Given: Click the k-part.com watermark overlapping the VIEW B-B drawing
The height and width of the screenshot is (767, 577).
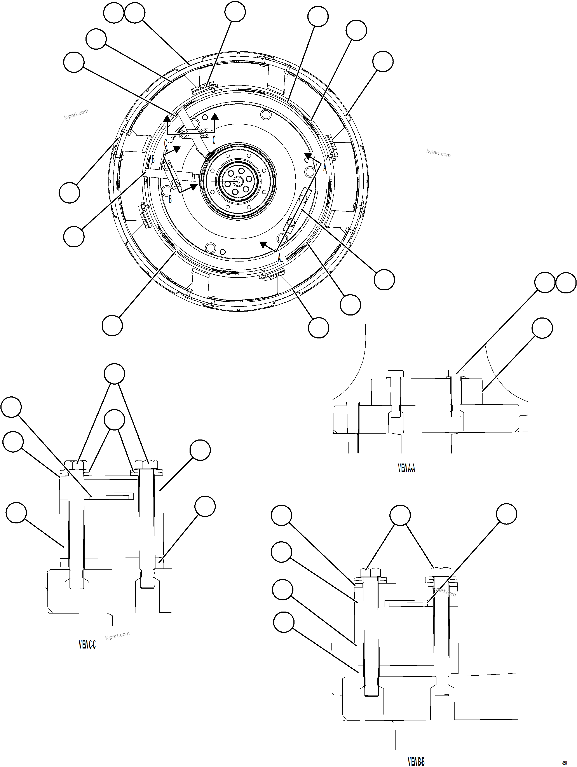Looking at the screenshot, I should (444, 590).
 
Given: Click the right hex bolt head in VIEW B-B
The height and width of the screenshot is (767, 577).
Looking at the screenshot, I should (441, 571).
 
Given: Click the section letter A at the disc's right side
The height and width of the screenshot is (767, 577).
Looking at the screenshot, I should (324, 168).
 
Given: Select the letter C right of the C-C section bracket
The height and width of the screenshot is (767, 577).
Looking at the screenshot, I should (214, 140).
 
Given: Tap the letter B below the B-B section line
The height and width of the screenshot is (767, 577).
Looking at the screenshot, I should (170, 199).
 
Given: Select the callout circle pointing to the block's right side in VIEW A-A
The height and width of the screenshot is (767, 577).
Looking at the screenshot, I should (542, 328).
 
